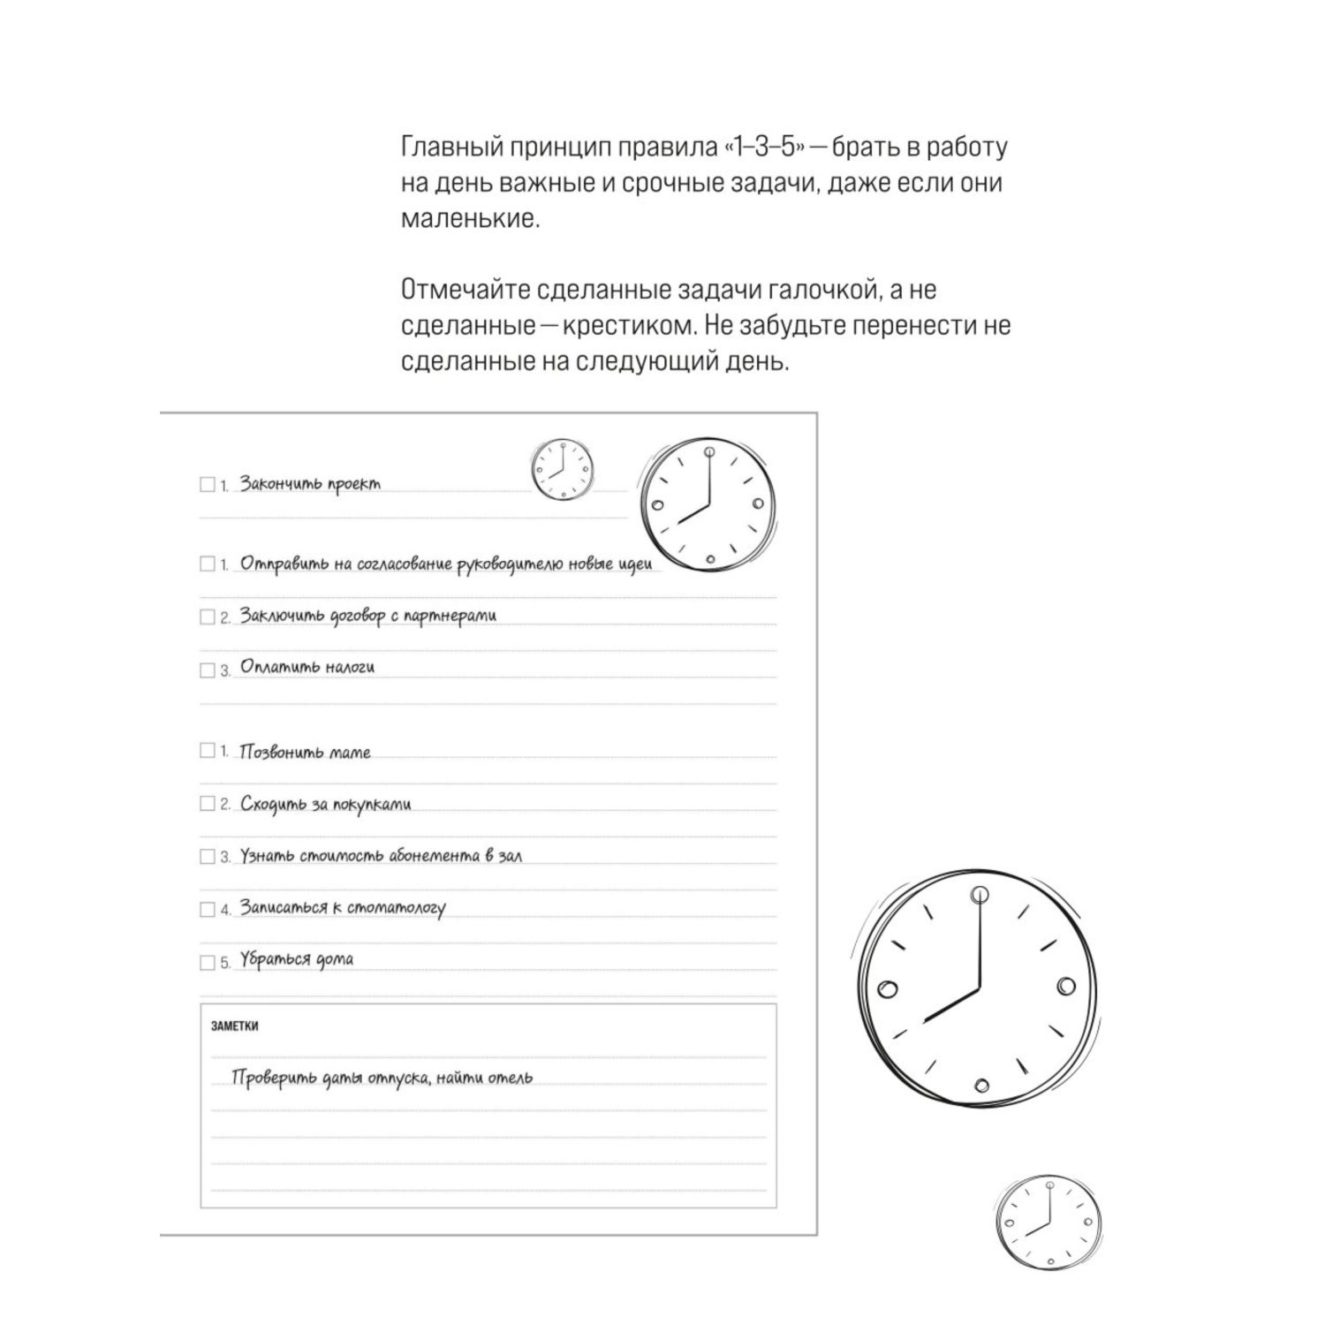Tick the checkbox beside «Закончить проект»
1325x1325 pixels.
coord(208,484)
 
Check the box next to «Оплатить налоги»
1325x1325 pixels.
coord(208,670)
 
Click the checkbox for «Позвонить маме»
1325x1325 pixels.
coord(208,751)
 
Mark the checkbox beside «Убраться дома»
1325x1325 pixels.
coord(208,962)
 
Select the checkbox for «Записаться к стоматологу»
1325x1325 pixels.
coord(208,909)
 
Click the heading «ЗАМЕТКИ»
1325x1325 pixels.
coord(235,1026)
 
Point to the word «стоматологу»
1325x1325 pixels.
coord(397,908)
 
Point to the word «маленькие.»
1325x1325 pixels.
coord(470,219)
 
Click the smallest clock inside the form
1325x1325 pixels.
coord(562,470)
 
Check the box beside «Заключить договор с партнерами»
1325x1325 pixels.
coord(208,617)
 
